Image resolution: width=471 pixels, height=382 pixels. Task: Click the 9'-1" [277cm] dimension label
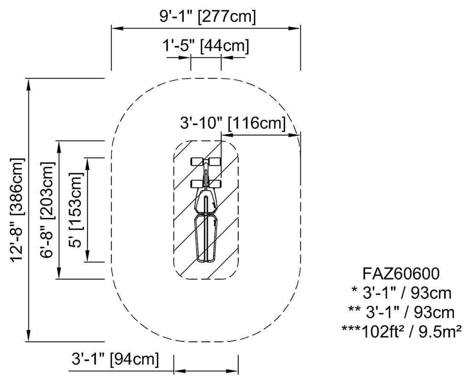tap(208, 17)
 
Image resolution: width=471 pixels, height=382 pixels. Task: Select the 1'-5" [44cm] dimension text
tap(206, 46)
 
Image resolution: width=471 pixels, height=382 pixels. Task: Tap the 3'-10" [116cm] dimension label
tap(233, 123)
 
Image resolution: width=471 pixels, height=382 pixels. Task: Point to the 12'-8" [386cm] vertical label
tap(17, 210)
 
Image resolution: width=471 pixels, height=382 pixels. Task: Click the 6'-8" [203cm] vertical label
tap(48, 210)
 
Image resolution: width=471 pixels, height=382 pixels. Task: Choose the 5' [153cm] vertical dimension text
tap(75, 210)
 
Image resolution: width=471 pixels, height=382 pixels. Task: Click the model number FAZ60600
tap(401, 274)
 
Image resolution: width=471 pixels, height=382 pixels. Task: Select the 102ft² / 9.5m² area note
tap(402, 331)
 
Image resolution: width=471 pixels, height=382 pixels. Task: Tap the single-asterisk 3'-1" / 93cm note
tap(401, 293)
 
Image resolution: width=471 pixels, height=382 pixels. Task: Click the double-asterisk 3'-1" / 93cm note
tap(401, 312)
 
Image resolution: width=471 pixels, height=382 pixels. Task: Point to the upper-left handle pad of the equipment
tap(197, 162)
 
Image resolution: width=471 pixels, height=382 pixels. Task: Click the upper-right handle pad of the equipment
tap(215, 162)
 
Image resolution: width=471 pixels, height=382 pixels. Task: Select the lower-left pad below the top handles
tap(197, 184)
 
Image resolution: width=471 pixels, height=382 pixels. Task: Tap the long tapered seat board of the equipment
tap(206, 237)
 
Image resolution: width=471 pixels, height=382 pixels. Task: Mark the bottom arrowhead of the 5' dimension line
tap(87, 256)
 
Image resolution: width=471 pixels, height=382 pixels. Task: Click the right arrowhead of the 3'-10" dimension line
tap(294, 136)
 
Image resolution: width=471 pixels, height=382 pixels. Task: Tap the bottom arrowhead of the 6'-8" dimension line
tap(59, 273)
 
